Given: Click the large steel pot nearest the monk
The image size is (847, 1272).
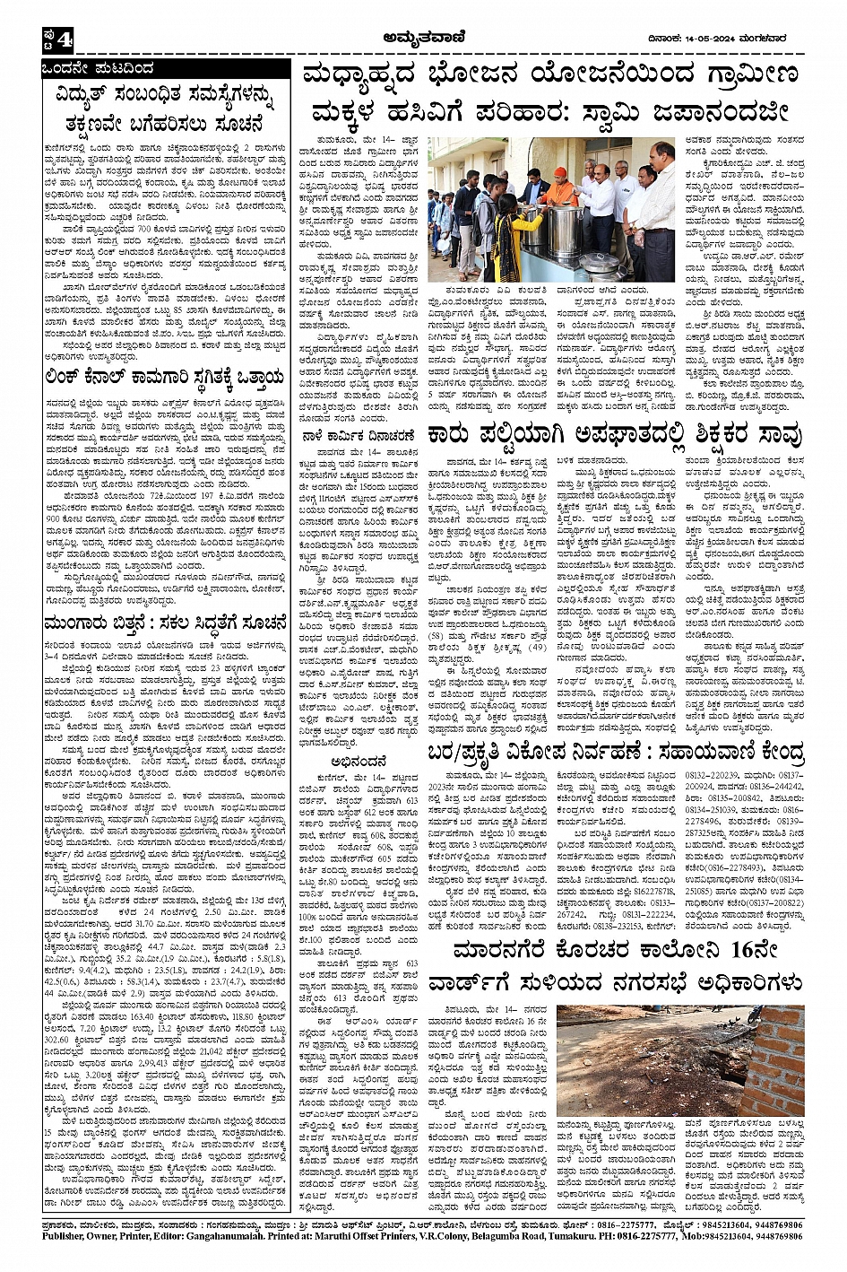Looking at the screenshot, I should pyautogui.click(x=566, y=229).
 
